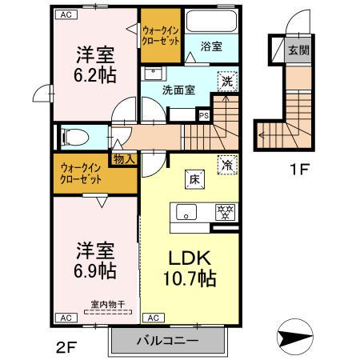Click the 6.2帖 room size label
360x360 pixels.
[94, 75]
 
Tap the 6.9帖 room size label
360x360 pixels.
[94, 269]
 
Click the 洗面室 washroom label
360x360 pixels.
[178, 90]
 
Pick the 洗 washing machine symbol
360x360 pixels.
[227, 82]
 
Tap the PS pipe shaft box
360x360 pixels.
[203, 114]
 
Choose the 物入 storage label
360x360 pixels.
[125, 159]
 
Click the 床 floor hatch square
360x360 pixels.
[193, 179]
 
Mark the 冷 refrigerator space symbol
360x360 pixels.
[227, 164]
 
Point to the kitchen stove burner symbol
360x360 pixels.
[226, 212]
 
